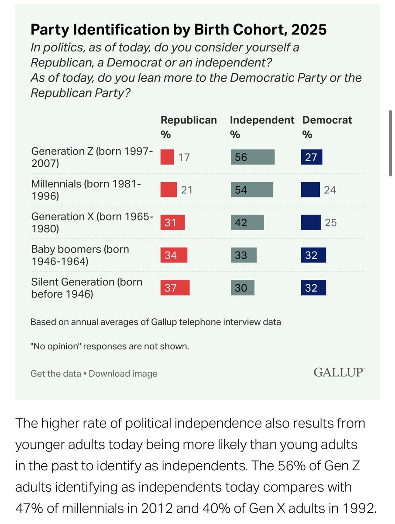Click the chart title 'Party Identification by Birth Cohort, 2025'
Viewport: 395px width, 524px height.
click(179, 30)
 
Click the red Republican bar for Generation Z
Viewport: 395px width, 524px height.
click(167, 157)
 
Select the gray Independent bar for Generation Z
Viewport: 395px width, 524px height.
click(253, 157)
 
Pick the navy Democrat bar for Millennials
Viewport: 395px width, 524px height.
click(311, 190)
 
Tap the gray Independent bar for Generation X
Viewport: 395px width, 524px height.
click(247, 223)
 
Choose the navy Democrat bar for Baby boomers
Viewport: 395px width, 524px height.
click(313, 255)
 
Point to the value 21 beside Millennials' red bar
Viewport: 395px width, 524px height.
click(186, 190)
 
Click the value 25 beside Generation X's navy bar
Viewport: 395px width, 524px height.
click(330, 223)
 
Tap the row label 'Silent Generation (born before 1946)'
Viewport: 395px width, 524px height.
click(86, 288)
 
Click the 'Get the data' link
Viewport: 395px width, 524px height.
click(55, 374)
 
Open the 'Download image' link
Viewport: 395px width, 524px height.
click(123, 374)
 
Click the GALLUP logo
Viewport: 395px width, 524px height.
click(339, 372)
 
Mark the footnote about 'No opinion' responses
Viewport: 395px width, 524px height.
click(110, 347)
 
